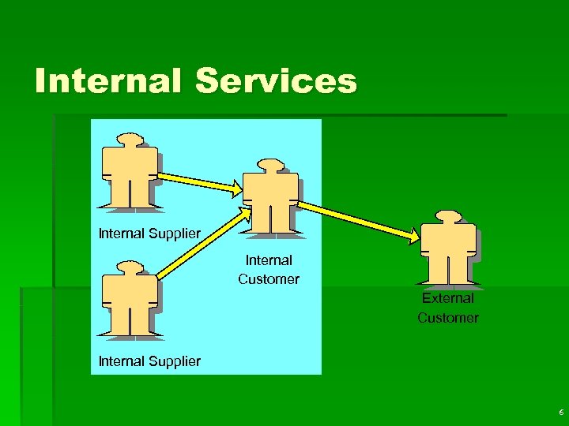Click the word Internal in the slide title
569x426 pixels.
coord(107,81)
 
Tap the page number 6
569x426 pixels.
coord(560,413)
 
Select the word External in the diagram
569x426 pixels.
coord(448,298)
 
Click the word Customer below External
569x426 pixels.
coord(448,318)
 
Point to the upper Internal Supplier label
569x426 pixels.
coord(149,234)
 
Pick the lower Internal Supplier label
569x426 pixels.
coord(149,361)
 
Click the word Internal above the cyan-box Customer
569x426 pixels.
coord(269,260)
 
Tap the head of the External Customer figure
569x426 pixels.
coord(447,216)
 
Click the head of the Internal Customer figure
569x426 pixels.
coord(270,166)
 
